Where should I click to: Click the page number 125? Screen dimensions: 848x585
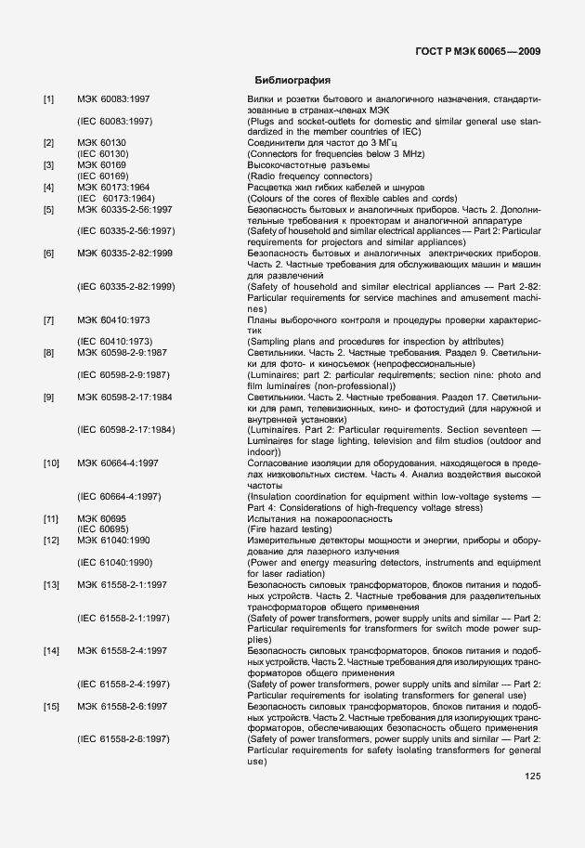(x=533, y=776)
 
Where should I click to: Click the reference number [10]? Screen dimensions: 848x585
(x=51, y=463)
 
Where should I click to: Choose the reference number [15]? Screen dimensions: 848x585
(x=51, y=707)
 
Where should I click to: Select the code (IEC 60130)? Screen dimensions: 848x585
(x=102, y=153)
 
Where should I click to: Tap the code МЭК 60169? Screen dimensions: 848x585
(x=101, y=164)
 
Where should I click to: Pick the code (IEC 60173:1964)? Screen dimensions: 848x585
(x=115, y=198)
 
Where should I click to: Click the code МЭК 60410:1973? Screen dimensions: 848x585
(x=113, y=320)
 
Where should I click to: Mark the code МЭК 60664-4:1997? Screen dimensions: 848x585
(x=118, y=463)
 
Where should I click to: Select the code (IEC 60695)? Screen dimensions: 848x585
(x=102, y=528)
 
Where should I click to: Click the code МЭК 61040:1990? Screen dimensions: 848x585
(x=113, y=540)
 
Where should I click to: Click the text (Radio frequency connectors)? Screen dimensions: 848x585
(x=309, y=176)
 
